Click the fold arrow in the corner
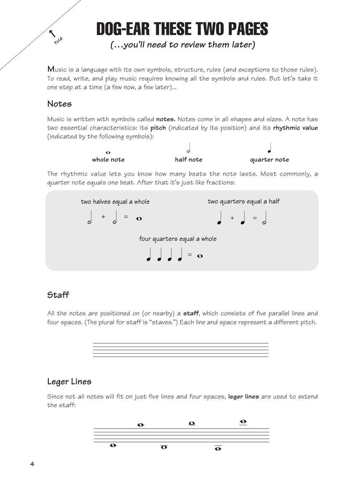[52, 32]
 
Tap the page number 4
[32, 464]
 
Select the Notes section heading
[59, 104]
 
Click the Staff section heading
[58, 295]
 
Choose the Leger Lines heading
[69, 381]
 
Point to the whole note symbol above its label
[108, 152]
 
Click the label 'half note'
[189, 160]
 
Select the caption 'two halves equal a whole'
[115, 202]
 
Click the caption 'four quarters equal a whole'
[178, 239]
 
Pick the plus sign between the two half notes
[103, 217]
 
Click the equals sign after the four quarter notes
[190, 255]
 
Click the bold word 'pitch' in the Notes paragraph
[158, 128]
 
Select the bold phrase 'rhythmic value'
[295, 128]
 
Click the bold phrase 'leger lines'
[244, 397]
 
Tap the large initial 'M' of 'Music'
[51, 69]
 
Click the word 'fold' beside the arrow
[59, 41]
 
